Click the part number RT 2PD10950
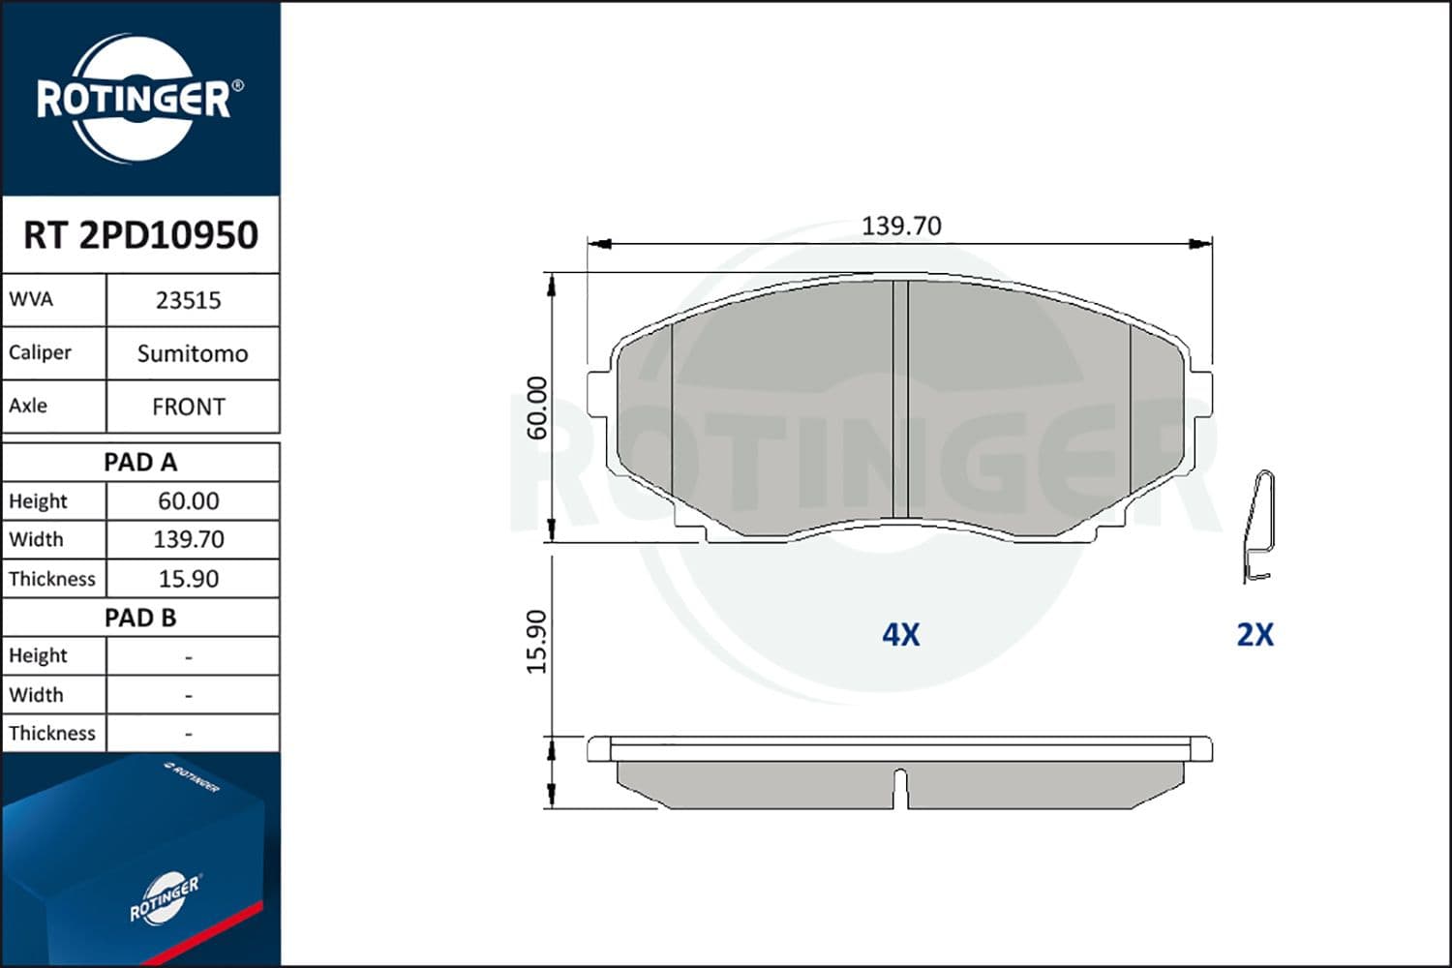pos(140,234)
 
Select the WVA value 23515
pos(189,301)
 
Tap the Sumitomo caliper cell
pos(193,354)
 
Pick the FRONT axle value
pos(189,408)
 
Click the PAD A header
pos(140,463)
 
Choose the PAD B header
pos(140,618)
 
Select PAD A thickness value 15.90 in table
pos(189,579)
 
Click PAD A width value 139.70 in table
pos(189,539)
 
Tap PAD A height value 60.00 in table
pos(189,501)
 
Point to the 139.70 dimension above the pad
pos(901,227)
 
